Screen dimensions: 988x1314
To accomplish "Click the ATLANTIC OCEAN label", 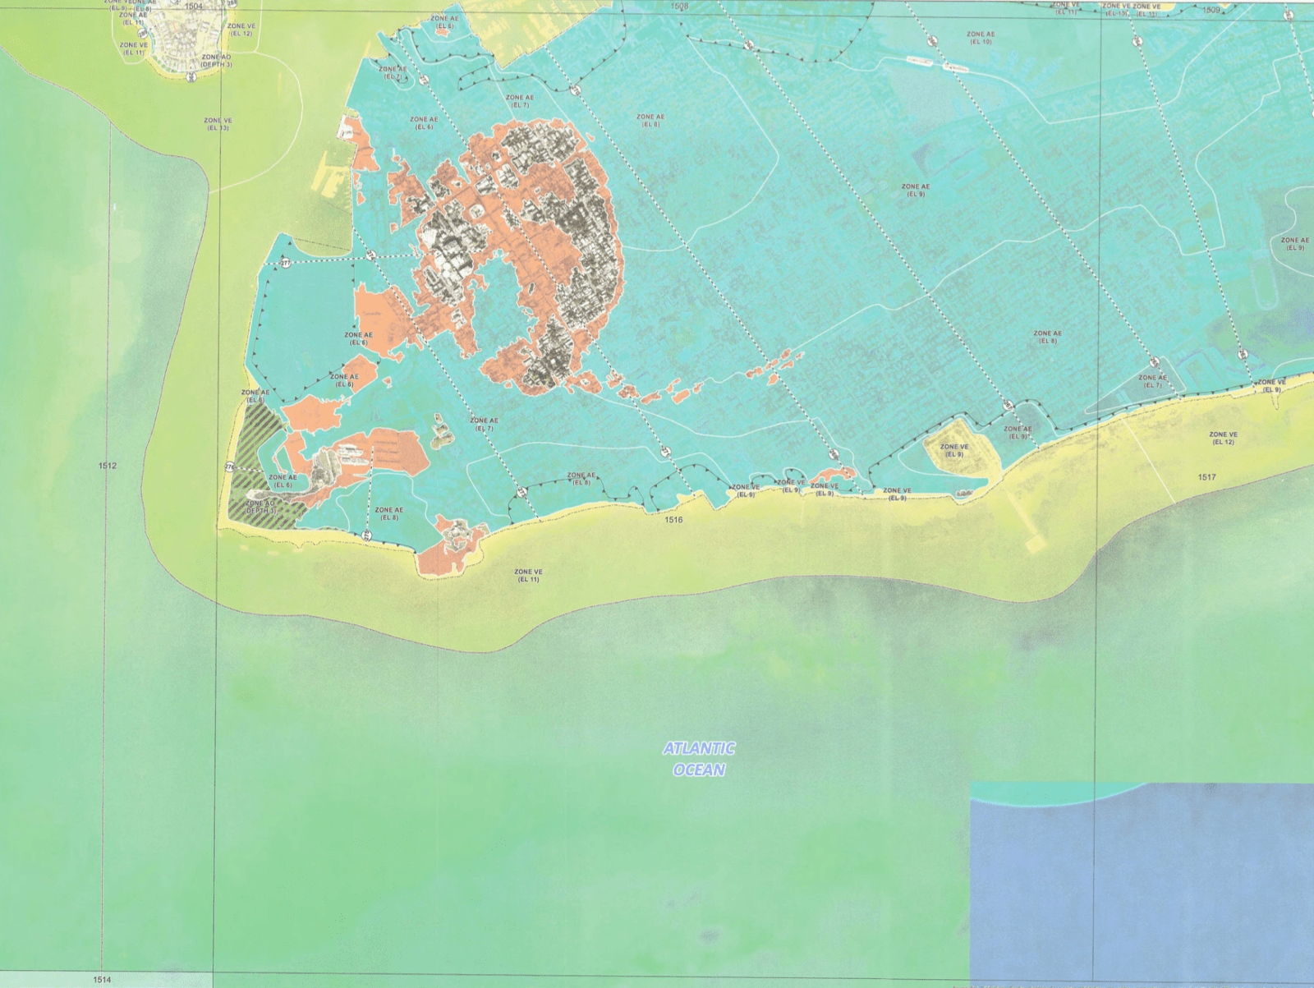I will click(699, 759).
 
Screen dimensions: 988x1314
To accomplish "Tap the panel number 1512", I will click(108, 466).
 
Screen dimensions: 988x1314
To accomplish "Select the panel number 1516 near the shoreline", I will click(673, 520).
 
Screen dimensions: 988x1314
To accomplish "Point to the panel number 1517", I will click(1206, 477).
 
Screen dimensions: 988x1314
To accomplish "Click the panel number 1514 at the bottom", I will click(102, 980).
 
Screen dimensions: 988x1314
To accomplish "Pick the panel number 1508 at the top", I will click(679, 7).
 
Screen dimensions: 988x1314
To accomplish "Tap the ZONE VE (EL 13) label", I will click(218, 124).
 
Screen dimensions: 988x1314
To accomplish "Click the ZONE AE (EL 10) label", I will click(981, 38).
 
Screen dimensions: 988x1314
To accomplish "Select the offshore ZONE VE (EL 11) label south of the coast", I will click(528, 575).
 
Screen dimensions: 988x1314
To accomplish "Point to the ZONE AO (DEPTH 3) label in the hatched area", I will click(261, 507).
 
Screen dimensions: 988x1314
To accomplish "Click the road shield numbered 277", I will click(285, 264).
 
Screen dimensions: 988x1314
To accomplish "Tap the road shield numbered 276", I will click(229, 467).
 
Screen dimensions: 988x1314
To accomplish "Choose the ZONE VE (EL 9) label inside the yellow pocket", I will click(953, 451).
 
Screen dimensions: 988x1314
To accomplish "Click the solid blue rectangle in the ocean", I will click(1142, 883).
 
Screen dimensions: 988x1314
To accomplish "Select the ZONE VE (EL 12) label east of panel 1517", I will click(1223, 438).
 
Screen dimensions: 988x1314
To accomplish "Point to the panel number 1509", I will click(1211, 11).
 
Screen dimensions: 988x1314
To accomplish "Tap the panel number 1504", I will click(193, 7).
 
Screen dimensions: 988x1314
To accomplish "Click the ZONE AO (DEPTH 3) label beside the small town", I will click(216, 61).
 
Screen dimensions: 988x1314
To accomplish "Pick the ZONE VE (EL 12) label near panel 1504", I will click(241, 30).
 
